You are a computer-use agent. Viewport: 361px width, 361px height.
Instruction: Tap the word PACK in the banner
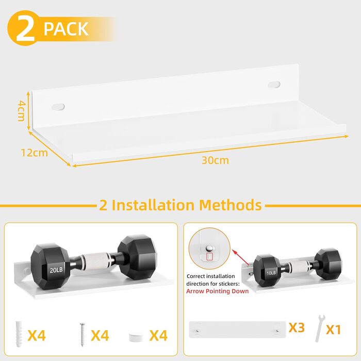pyautogui.click(x=66, y=29)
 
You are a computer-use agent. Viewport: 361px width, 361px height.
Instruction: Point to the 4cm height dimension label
pyautogui.click(x=21, y=110)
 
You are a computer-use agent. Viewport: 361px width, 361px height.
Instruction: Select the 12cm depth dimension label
pyautogui.click(x=35, y=153)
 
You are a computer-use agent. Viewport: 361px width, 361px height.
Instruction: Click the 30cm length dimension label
pyautogui.click(x=215, y=160)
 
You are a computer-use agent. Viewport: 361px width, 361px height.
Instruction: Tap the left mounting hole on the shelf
pyautogui.click(x=58, y=107)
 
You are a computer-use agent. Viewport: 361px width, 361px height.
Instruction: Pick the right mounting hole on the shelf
pyautogui.click(x=274, y=85)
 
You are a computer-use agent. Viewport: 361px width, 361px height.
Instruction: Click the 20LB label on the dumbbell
pyautogui.click(x=56, y=270)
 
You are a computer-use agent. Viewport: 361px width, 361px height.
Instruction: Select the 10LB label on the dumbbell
pyautogui.click(x=271, y=273)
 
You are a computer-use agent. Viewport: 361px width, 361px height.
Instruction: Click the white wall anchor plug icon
pyautogui.click(x=19, y=334)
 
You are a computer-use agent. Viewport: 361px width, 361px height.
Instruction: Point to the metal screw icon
pyautogui.click(x=83, y=335)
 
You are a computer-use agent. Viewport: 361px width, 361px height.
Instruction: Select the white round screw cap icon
pyautogui.click(x=136, y=337)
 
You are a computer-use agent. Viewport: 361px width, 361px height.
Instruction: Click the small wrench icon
pyautogui.click(x=320, y=329)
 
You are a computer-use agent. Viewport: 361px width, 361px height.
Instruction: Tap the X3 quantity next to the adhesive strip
pyautogui.click(x=297, y=327)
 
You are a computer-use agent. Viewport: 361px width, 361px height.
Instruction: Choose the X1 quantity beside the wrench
pyautogui.click(x=333, y=330)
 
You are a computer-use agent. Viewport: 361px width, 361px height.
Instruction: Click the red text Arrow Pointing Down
pyautogui.click(x=217, y=291)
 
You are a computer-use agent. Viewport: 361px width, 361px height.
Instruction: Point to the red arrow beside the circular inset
pyautogui.click(x=241, y=257)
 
